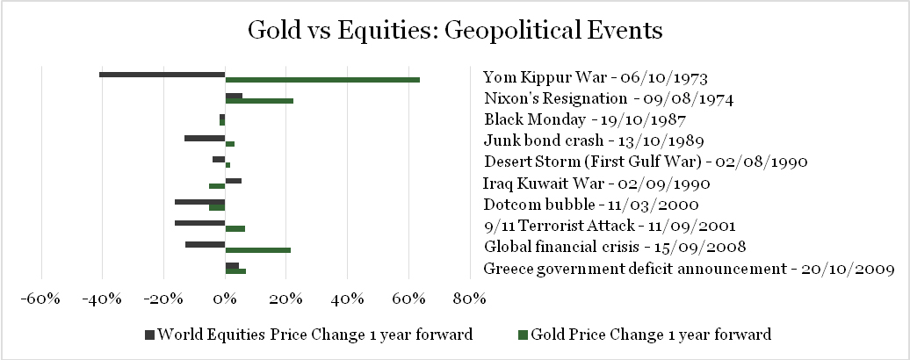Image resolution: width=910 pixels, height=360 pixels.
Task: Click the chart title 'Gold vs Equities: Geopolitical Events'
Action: tap(455, 29)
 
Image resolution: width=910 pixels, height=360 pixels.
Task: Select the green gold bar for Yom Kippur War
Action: tap(322, 80)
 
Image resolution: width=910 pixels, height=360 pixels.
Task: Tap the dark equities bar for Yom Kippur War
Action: tap(162, 75)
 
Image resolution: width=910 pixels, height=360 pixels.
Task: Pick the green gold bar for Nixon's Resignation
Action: tap(259, 101)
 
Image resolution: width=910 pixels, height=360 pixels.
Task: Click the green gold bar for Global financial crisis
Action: tap(257, 250)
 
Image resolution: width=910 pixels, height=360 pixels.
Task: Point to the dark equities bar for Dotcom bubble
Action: tap(199, 202)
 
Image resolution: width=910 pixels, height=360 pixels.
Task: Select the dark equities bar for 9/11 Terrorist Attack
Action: tap(199, 223)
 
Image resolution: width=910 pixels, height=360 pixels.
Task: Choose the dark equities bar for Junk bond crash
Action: tap(205, 138)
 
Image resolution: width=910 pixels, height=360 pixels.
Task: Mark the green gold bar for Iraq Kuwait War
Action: tap(217, 186)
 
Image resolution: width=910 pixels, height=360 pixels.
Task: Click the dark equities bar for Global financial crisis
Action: tap(205, 244)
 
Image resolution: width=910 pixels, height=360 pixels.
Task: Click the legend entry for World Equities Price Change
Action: tap(308, 335)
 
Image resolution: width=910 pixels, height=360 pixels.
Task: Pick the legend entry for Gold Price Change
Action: tap(644, 335)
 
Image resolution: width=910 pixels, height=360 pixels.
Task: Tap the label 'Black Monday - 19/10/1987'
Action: tap(585, 120)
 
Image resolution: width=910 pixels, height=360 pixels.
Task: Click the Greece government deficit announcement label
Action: tap(689, 269)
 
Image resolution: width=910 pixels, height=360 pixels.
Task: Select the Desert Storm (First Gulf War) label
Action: tap(646, 162)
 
